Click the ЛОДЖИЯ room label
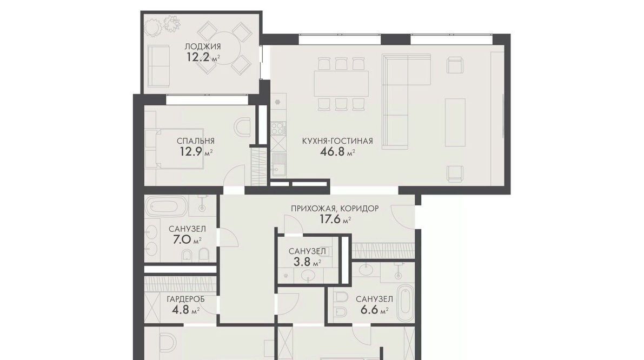coord(202,46)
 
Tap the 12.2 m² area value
coord(203,57)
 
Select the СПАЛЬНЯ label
coord(196,141)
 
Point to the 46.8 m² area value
coord(337,152)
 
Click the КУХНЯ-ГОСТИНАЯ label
coord(337,141)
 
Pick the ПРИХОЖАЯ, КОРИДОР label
coord(335,209)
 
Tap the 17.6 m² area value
coord(335,219)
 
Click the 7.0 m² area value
coord(187,239)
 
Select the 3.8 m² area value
coord(307,262)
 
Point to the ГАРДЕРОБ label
coord(185,299)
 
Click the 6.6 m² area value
coord(374,310)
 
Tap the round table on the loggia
coord(223,48)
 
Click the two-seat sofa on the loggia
coord(158,66)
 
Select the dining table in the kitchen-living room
coord(341,84)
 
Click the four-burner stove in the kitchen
coord(278,128)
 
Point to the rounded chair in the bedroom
coord(242,127)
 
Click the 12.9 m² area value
coord(196,152)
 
